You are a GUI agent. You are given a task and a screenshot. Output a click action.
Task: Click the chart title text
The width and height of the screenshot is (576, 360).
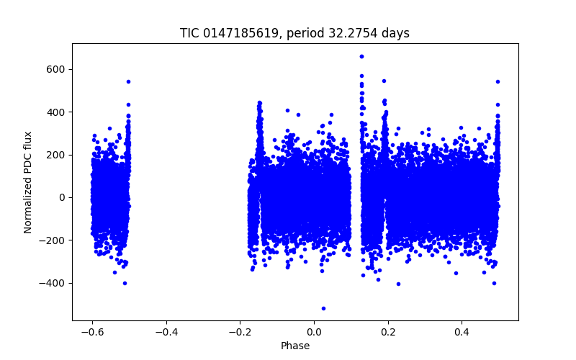[x=294, y=33]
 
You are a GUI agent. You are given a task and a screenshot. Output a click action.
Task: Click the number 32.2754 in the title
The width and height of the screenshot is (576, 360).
[x=357, y=33]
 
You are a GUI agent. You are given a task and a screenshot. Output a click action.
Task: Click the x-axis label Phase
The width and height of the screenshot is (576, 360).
[x=294, y=346]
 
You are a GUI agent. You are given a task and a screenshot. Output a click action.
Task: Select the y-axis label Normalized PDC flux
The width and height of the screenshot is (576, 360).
[x=28, y=182]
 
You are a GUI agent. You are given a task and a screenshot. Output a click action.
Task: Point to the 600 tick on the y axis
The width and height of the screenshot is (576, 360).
[x=58, y=69]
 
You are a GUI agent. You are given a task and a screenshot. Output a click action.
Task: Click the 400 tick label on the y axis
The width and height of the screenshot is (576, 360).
[x=58, y=112]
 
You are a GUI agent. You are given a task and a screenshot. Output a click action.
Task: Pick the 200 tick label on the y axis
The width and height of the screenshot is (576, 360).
[x=58, y=155]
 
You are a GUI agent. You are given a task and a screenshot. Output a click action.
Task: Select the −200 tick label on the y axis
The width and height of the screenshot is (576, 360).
[x=55, y=240]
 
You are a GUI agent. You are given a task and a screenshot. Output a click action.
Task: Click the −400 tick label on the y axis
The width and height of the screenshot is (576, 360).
[x=55, y=283]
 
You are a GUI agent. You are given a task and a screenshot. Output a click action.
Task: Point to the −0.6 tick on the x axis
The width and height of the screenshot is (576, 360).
[x=92, y=333]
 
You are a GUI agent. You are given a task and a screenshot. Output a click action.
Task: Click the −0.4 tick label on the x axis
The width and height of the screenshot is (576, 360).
[x=166, y=333]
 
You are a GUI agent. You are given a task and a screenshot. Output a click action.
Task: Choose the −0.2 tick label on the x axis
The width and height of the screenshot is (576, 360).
[x=240, y=333]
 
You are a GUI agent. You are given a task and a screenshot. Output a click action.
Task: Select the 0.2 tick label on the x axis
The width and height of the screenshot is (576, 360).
[x=388, y=333]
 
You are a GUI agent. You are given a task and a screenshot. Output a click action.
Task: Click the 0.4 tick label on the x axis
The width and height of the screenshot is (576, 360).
[x=462, y=333]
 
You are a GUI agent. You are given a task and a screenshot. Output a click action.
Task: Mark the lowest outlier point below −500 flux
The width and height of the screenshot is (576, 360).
[x=323, y=308]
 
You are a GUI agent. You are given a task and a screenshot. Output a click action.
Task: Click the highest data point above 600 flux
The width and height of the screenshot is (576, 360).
[x=361, y=56]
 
